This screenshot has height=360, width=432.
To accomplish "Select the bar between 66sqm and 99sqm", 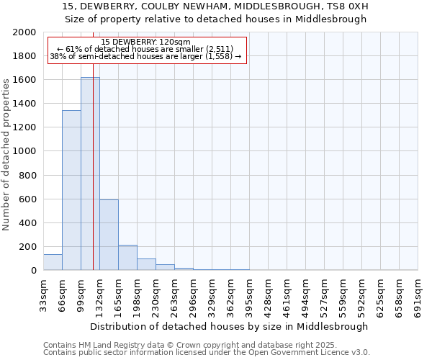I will pyautogui.click(x=71, y=190).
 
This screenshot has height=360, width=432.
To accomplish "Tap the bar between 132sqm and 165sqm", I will pyautogui.click(x=109, y=235).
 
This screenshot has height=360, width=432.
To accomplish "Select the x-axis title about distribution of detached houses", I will pyautogui.click(x=230, y=326).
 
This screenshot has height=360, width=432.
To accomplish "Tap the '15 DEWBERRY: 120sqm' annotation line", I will pyautogui.click(x=146, y=42).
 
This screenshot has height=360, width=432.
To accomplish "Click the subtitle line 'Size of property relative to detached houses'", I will pyautogui.click(x=215, y=19).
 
